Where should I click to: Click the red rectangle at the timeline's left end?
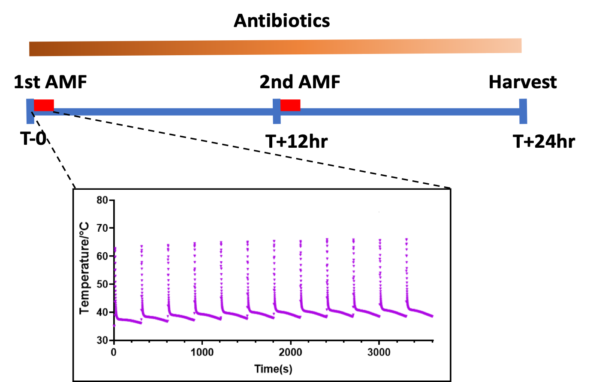44,105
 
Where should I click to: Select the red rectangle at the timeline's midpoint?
290,105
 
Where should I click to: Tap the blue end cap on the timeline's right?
523,111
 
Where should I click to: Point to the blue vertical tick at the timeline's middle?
277,111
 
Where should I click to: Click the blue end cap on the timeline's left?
30,111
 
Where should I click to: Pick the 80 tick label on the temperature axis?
102,200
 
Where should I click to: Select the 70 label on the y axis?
102,228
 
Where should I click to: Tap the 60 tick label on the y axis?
102,256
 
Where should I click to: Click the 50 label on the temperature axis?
102,284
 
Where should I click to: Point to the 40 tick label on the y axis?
102,312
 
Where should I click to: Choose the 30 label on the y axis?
102,340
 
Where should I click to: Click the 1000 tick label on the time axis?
202,352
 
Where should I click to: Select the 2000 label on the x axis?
291,352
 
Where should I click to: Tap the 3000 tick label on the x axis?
379,352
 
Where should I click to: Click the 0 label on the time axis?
114,352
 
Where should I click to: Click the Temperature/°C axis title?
84,268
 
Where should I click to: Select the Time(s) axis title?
273,369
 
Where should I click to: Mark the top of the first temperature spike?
115,248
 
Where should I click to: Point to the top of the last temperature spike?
406,239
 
